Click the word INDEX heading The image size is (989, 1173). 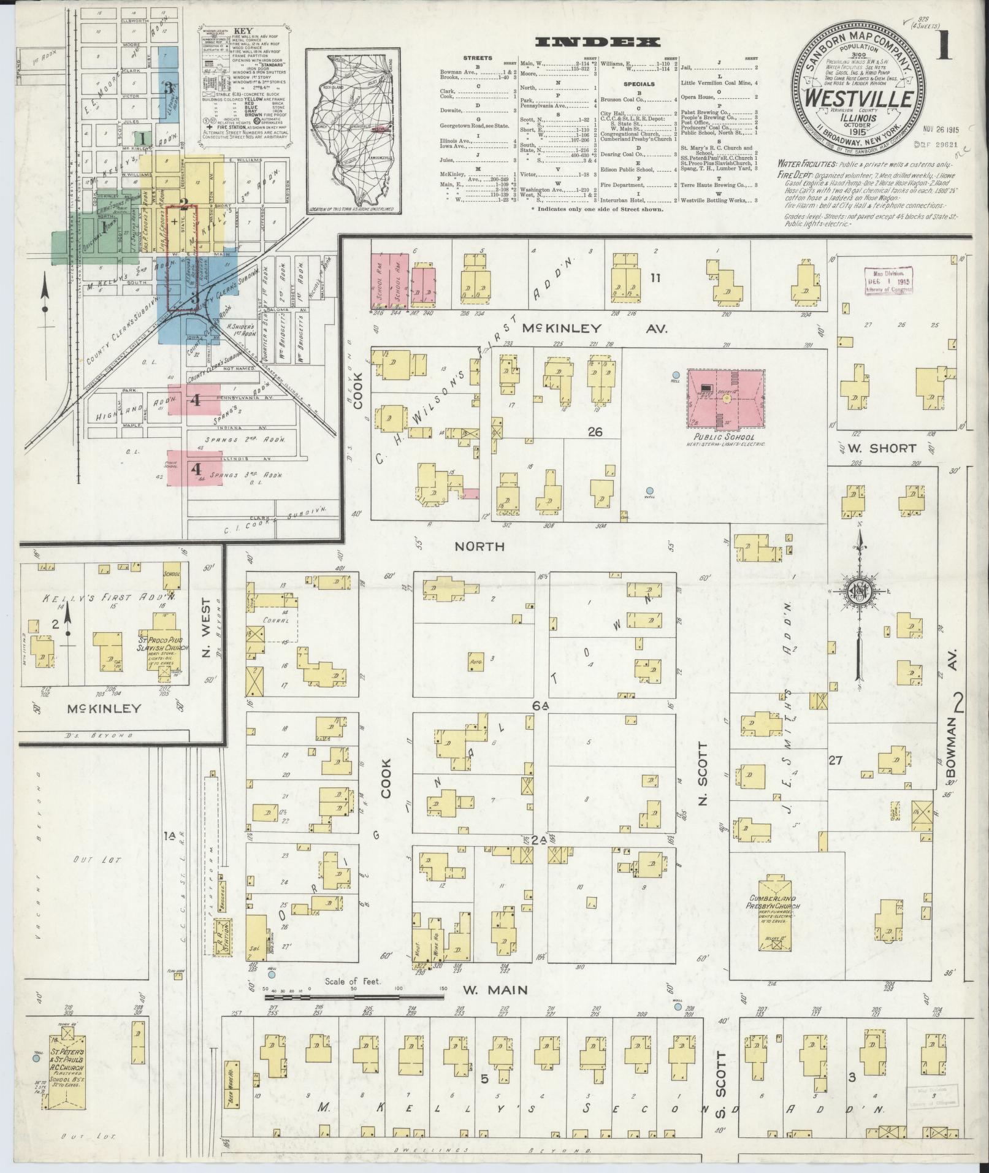tap(598, 42)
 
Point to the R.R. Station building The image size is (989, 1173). tap(220, 936)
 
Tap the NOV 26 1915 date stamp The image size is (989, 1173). tap(944, 130)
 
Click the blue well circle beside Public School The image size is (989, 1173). tap(676, 375)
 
